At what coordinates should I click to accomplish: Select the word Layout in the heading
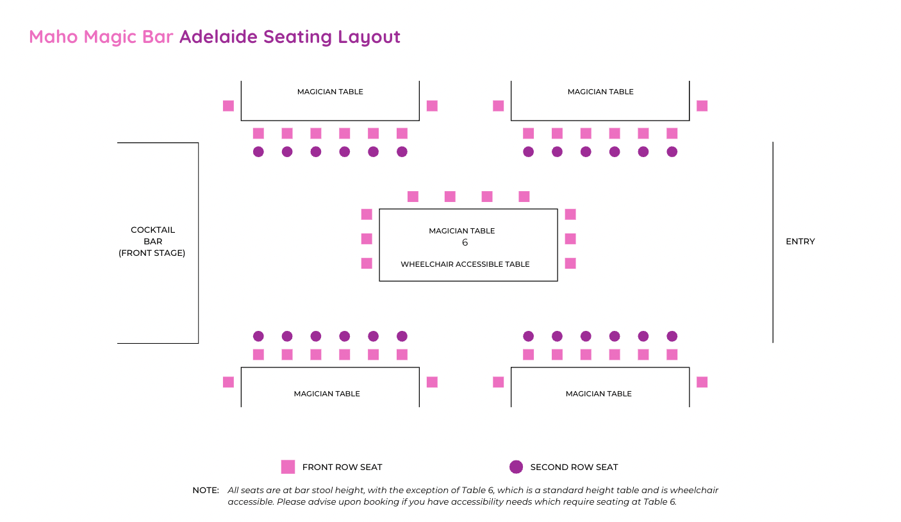[369, 37]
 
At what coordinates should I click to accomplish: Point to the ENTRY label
[800, 242]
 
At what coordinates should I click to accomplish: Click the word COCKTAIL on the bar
[153, 230]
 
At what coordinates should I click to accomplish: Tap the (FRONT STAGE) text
[152, 253]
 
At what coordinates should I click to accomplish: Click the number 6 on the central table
[465, 242]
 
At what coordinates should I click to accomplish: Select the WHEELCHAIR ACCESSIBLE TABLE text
[465, 264]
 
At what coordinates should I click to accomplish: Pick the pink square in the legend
[288, 467]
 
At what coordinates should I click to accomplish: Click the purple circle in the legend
[516, 467]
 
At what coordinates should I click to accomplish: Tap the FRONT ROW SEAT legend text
[342, 467]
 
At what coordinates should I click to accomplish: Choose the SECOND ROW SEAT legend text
[574, 467]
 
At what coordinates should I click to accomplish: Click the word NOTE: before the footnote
[206, 491]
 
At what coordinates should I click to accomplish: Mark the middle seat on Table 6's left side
[367, 239]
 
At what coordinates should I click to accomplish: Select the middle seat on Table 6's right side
[570, 239]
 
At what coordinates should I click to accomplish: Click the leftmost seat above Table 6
[413, 197]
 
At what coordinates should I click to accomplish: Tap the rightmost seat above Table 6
[524, 197]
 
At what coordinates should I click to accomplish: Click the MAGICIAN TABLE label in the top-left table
[330, 92]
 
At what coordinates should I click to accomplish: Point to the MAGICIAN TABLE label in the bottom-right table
[599, 394]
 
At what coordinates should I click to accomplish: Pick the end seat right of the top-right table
[702, 106]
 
